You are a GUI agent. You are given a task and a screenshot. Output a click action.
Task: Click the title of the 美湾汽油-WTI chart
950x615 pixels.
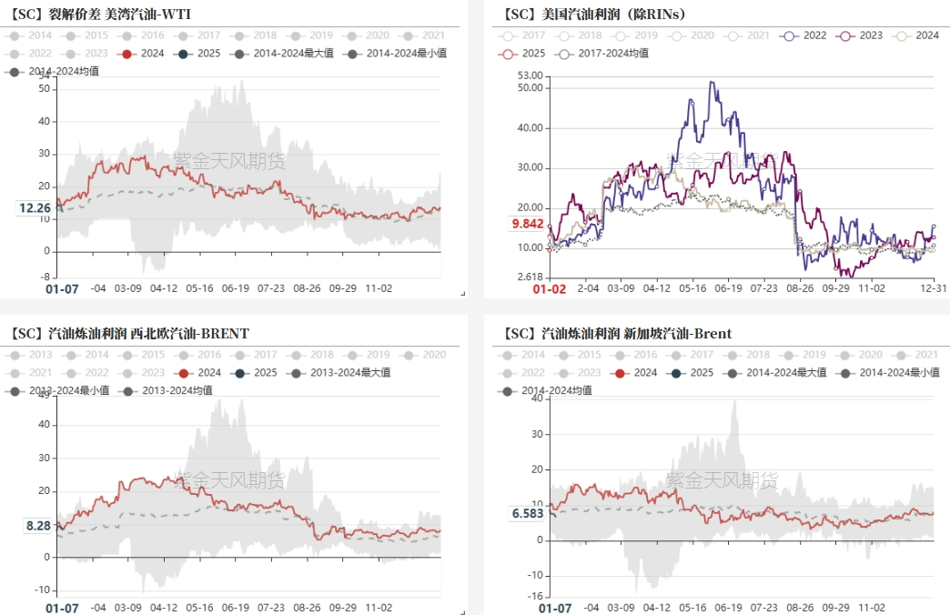[101, 14]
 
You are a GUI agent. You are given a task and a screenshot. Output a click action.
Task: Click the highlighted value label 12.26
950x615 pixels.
[35, 208]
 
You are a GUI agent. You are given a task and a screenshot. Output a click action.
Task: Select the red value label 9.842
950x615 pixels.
[528, 224]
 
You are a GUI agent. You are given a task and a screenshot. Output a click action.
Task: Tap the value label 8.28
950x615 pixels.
[37, 525]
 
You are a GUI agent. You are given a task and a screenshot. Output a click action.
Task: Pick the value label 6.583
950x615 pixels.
[528, 513]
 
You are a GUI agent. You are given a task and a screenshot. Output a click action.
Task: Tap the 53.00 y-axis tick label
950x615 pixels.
[529, 76]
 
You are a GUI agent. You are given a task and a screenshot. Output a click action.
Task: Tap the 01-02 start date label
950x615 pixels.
[549, 288]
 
